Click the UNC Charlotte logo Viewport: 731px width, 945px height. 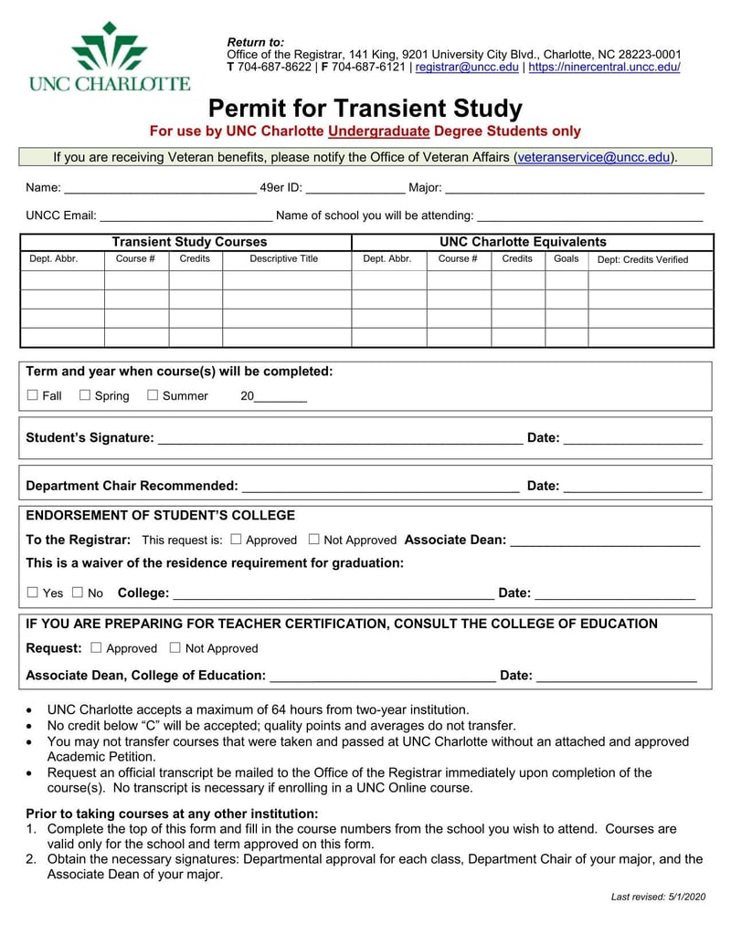coord(110,57)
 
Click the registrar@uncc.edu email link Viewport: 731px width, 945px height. coord(467,68)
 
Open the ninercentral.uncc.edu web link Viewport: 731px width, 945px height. coord(604,68)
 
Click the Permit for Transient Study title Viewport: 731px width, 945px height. coord(365,109)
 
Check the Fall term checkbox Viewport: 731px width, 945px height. coord(33,395)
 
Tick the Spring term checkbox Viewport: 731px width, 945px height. coord(85,395)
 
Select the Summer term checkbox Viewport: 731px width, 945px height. coord(153,395)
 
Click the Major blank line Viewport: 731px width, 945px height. coord(574,189)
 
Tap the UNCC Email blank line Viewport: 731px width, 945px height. coord(185,216)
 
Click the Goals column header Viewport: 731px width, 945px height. coord(566,259)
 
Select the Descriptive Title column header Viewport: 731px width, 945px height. coord(284,259)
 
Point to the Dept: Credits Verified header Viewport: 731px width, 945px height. coord(642,260)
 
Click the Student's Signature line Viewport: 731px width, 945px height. coord(340,439)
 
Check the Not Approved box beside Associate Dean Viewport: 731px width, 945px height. coord(314,540)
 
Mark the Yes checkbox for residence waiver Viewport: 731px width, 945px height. coord(33,593)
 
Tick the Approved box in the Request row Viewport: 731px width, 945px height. coord(97,648)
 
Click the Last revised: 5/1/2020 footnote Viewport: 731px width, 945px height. coord(658,898)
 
